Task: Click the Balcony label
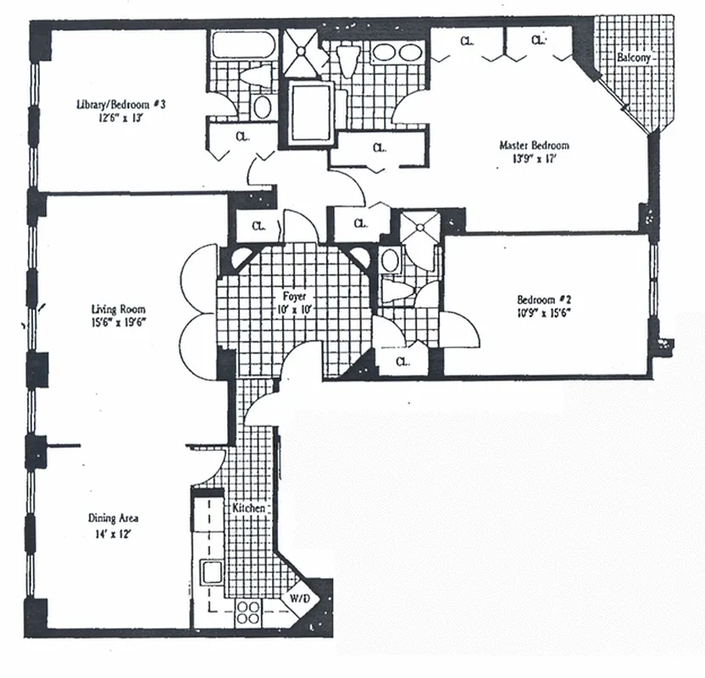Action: click(x=634, y=58)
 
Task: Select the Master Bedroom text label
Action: click(x=533, y=146)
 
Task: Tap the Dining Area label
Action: click(x=113, y=519)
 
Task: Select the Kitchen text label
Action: click(x=249, y=508)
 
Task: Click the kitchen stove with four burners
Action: click(x=248, y=612)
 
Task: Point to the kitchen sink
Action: click(x=212, y=572)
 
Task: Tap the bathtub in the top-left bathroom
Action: click(x=240, y=44)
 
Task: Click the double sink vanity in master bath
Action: click(x=396, y=52)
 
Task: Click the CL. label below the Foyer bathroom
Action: click(x=402, y=362)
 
